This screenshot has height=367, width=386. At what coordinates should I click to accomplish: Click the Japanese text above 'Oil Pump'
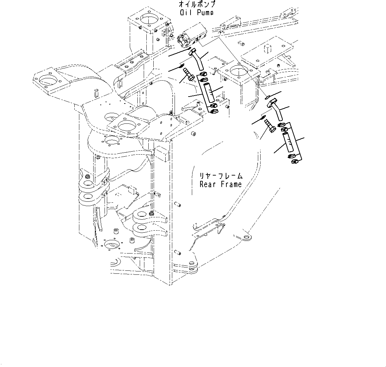196,5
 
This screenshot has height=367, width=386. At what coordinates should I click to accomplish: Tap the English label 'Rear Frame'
221,184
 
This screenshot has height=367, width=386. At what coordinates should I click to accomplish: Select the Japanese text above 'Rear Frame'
221,176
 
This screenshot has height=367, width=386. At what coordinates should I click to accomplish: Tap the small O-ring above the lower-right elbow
268,97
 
